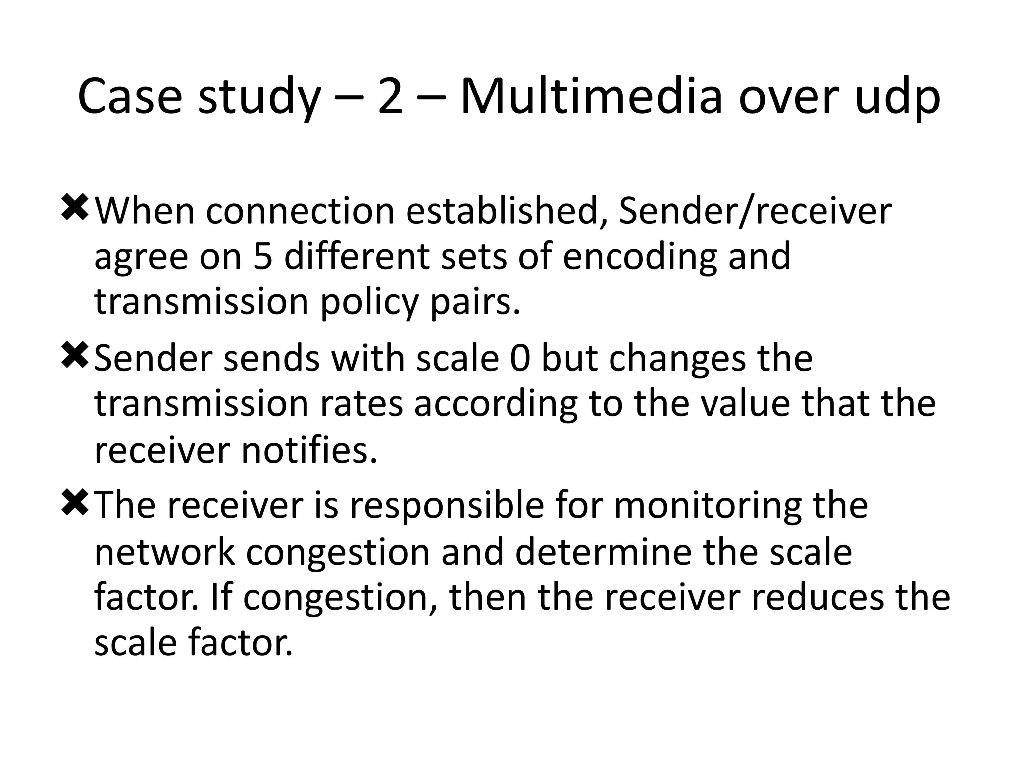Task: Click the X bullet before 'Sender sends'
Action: coord(75,356)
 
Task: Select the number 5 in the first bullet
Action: coord(262,257)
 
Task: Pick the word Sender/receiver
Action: coord(755,211)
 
